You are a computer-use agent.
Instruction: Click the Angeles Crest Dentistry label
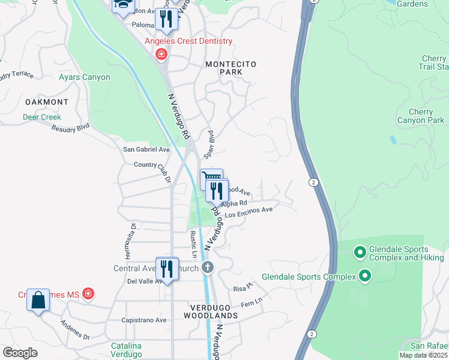188,41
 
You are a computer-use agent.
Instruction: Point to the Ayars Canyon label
85,77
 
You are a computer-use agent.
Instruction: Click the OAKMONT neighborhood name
46,102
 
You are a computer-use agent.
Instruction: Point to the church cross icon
208,267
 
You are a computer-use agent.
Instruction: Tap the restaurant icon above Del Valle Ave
167,268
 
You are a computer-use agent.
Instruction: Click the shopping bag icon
38,299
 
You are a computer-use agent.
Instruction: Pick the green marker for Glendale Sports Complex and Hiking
360,253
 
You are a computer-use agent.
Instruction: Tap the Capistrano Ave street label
144,320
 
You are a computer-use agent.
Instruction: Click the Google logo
20,352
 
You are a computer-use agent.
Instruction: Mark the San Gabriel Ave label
146,149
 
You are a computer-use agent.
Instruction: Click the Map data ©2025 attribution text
423,355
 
